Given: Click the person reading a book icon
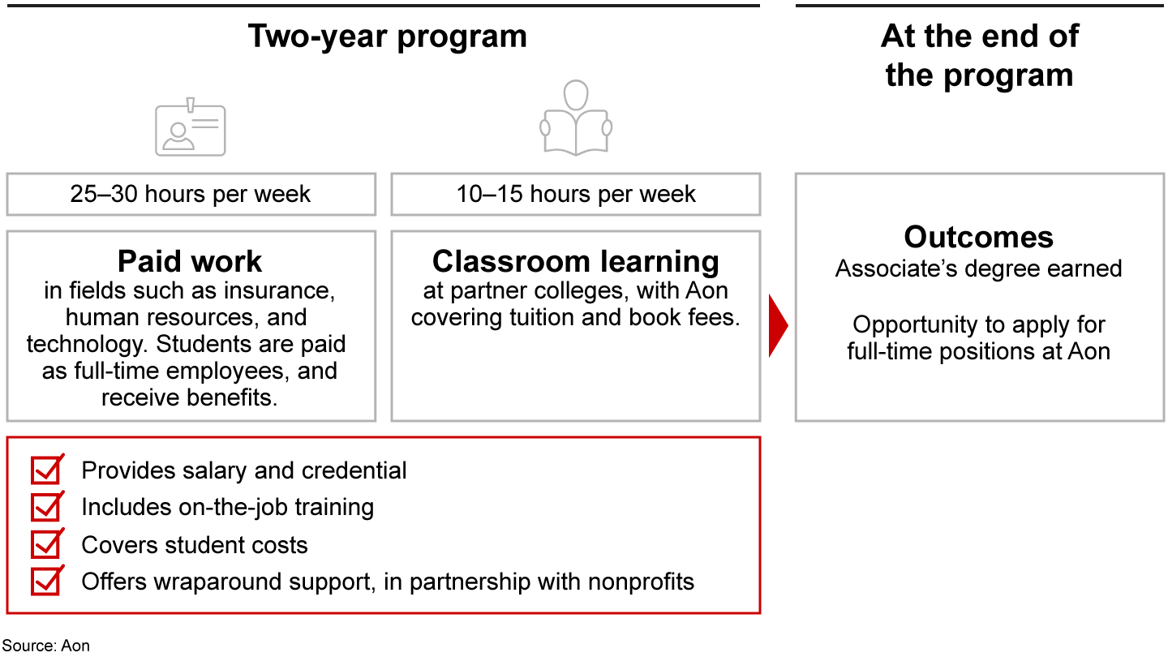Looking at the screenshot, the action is (x=576, y=118).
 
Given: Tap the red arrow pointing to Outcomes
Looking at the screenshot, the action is (x=778, y=326).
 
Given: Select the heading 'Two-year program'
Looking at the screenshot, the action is (x=388, y=36).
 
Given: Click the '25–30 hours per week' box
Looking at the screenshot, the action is (x=191, y=194).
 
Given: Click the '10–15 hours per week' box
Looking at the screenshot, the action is (x=576, y=194).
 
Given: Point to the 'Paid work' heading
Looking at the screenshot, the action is (x=190, y=260).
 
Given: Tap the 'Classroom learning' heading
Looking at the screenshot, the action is (x=576, y=261).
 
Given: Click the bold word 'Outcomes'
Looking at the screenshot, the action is (x=979, y=237).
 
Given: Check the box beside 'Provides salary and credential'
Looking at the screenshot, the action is (x=47, y=470).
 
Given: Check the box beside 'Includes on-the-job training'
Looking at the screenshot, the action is (x=47, y=506).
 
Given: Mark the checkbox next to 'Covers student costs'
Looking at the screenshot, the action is (x=47, y=543).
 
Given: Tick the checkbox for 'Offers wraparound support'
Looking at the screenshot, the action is (x=47, y=581).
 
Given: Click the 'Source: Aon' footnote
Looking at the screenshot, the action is (x=46, y=646).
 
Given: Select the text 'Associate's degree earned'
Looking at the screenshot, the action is (x=978, y=269).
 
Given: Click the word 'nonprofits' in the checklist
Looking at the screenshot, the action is (x=641, y=582).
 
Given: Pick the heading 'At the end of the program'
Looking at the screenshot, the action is (x=979, y=56).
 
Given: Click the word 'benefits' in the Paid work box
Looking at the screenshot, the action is (x=230, y=397).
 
